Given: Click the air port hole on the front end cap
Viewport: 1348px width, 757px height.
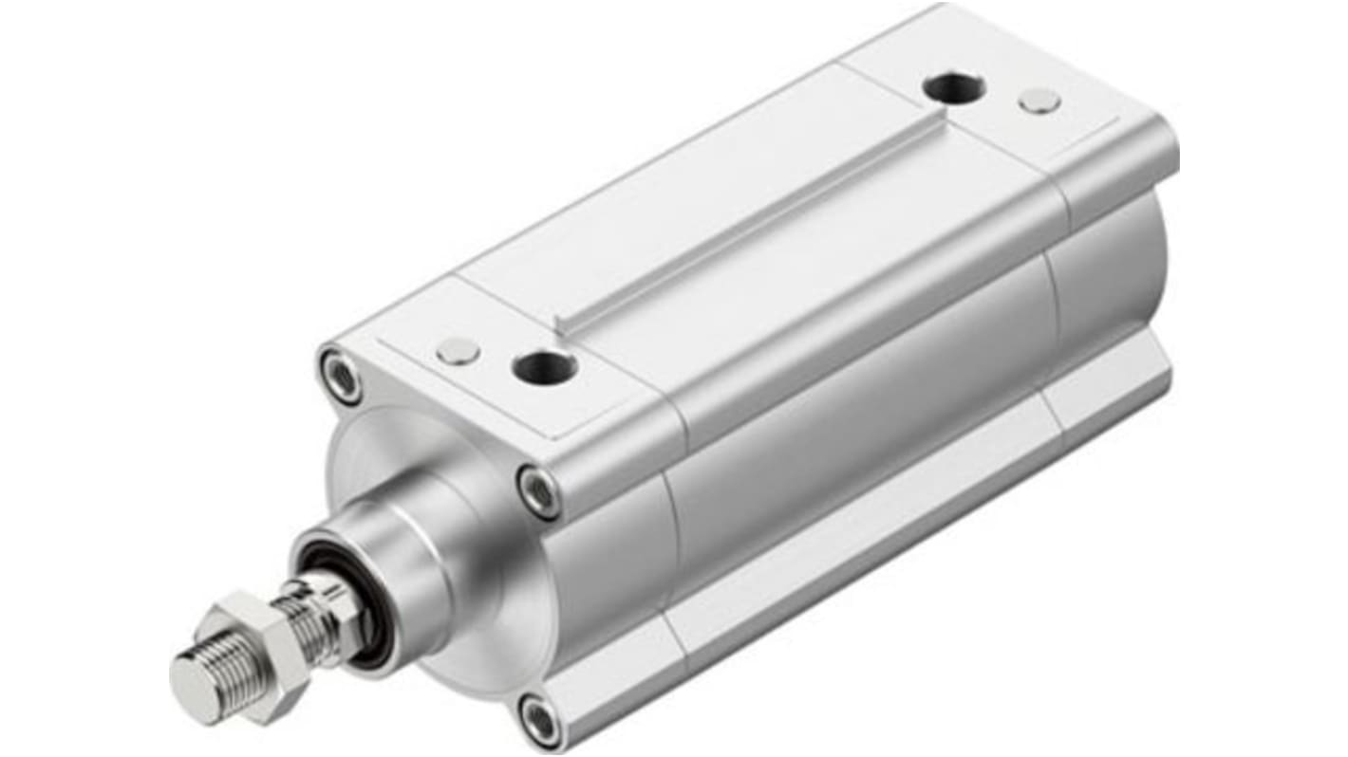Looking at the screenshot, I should (544, 366).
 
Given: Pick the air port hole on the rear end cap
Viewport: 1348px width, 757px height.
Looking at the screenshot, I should (953, 88).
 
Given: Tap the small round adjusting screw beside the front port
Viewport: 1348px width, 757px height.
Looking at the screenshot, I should (459, 351).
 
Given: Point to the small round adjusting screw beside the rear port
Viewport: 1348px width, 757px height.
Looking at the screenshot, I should (1039, 101).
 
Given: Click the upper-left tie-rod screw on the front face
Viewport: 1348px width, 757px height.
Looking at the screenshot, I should (341, 377).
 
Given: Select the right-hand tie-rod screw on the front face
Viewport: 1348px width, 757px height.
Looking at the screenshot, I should (538, 491).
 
